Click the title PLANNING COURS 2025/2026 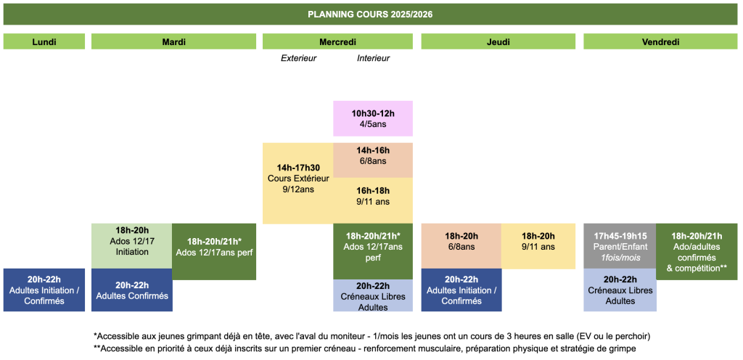click(x=370, y=15)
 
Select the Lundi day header click(x=44, y=41)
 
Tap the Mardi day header click(x=174, y=41)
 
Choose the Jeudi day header click(x=498, y=41)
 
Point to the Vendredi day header click(x=660, y=41)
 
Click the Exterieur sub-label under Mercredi click(x=298, y=59)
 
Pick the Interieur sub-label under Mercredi click(x=374, y=59)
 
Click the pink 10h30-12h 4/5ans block click(x=374, y=118)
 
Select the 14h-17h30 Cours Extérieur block click(x=298, y=183)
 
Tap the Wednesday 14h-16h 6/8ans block click(x=374, y=160)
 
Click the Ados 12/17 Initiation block click(x=132, y=246)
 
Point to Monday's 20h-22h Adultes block click(x=44, y=290)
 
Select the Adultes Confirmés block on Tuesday click(x=132, y=290)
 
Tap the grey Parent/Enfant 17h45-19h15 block click(x=620, y=246)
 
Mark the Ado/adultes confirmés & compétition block click(x=697, y=252)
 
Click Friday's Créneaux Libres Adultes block click(x=620, y=290)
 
